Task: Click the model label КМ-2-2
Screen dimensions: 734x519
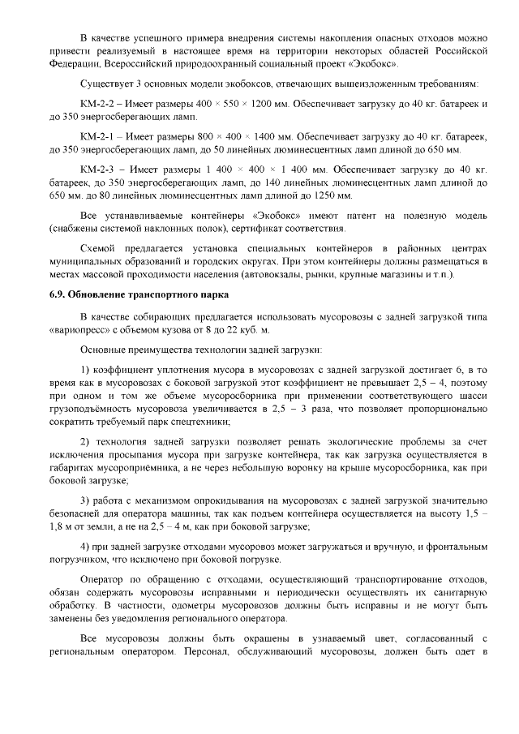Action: click(99, 105)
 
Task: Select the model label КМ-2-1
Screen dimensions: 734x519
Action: click(99, 136)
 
